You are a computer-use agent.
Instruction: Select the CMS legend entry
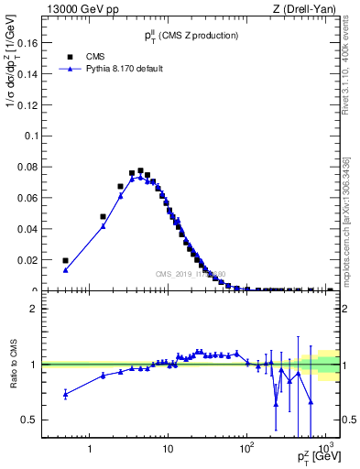(x=83, y=55)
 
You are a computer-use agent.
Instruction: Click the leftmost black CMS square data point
(x=65, y=260)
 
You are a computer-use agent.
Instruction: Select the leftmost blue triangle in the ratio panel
(x=65, y=394)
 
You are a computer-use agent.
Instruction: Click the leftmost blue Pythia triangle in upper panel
(x=65, y=269)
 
